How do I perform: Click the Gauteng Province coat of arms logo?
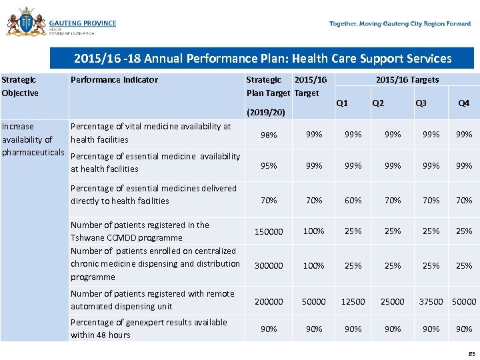(26, 23)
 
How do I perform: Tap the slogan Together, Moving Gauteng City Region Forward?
(400, 24)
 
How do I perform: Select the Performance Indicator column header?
(114, 80)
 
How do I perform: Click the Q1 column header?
(342, 103)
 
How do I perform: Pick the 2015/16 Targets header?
(407, 80)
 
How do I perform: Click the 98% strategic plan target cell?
(269, 135)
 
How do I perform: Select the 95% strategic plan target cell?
(269, 166)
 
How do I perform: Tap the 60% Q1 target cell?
(353, 200)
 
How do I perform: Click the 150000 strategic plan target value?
(269, 231)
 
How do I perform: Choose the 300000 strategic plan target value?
(269, 265)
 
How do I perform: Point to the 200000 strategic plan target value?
(269, 301)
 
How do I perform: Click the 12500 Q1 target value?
(353, 301)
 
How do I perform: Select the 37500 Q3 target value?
(431, 301)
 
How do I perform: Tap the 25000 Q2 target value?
(392, 301)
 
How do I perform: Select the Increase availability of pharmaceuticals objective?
(33, 139)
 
